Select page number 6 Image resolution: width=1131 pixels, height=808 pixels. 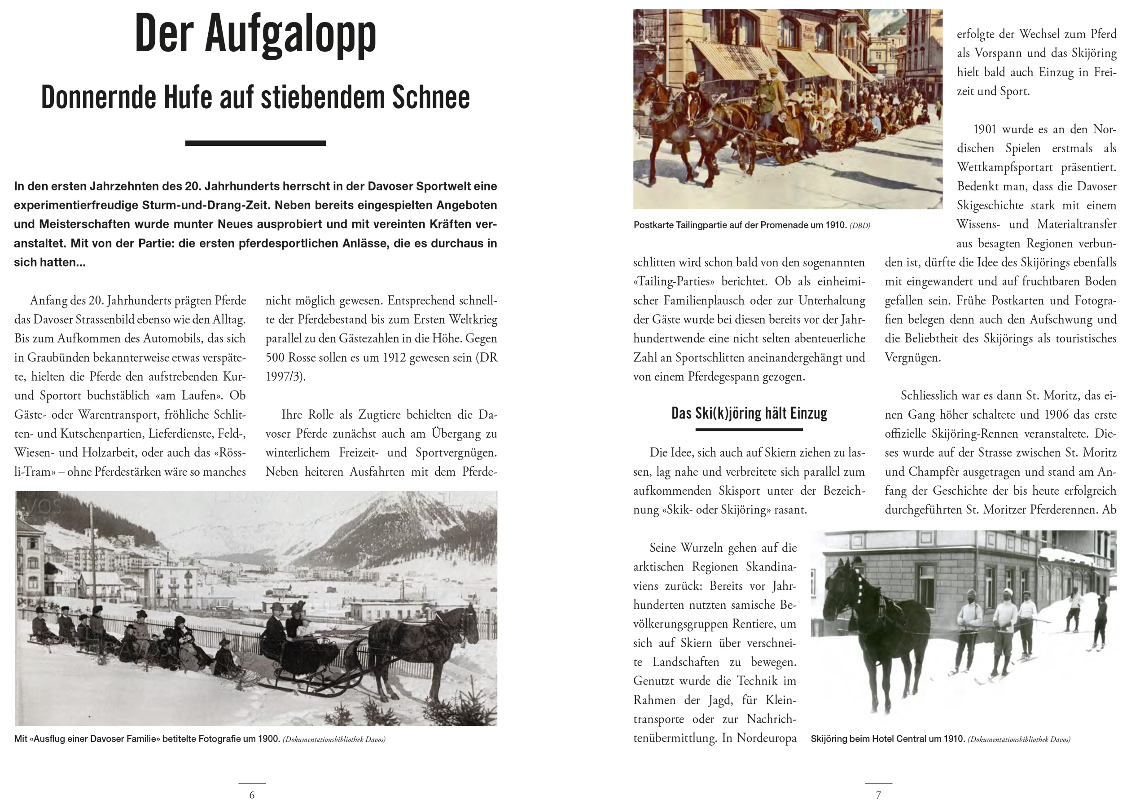252,795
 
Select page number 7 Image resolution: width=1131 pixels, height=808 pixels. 878,795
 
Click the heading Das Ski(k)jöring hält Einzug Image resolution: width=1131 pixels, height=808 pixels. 749,413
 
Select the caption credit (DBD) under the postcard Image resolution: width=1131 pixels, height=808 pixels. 859,225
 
